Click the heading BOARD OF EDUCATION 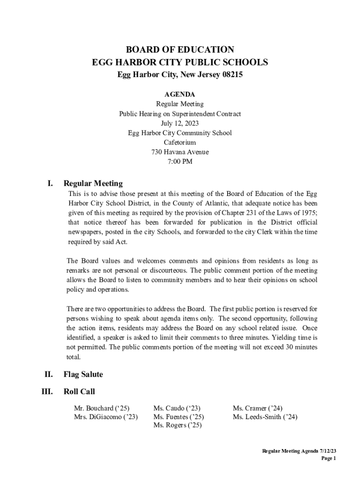[180, 50]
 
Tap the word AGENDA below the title [180, 94]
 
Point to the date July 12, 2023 [180, 123]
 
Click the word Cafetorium [180, 142]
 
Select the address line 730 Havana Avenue [180, 152]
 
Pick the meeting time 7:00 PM [180, 162]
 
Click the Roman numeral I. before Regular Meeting [50, 183]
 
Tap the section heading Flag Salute [83, 374]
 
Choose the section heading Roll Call [79, 391]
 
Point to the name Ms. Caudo [169, 408]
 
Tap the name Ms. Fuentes [171, 417]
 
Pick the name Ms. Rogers [169, 425]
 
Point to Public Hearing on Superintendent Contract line [180, 114]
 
